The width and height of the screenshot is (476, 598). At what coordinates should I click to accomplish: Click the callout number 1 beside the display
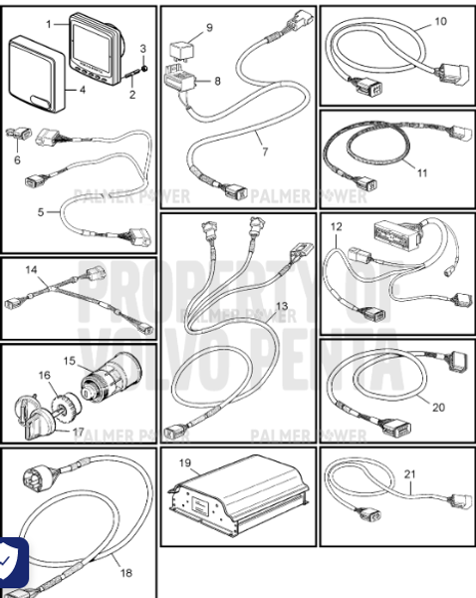click(48, 20)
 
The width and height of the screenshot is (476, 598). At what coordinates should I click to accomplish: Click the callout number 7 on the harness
click(265, 152)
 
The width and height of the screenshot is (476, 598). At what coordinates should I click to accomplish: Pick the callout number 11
click(422, 172)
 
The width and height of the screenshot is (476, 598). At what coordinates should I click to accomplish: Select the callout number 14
click(33, 270)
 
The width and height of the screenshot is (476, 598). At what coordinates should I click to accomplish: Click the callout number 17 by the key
click(78, 432)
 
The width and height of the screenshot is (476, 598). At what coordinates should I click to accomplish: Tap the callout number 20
click(439, 406)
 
